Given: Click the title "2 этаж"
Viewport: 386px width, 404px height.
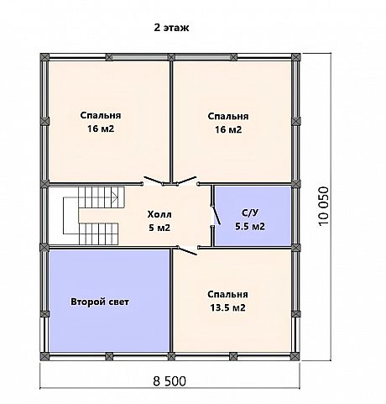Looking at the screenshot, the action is (x=171, y=28).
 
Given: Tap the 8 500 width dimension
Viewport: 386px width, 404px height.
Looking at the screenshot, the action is (x=170, y=381).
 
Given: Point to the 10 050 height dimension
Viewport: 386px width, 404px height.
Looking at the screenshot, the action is (x=324, y=206).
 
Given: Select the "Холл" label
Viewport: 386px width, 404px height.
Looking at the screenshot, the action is (x=159, y=214).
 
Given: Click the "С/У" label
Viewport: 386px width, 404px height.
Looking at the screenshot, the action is (x=250, y=213).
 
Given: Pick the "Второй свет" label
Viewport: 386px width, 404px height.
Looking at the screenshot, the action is (x=100, y=302).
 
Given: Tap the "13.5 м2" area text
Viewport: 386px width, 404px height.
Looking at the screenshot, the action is (x=227, y=307).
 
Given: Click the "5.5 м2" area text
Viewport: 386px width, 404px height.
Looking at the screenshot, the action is (x=250, y=226).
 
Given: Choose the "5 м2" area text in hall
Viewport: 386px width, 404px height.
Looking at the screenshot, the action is (x=159, y=228).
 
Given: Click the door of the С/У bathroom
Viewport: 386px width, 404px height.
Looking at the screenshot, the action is (x=216, y=215).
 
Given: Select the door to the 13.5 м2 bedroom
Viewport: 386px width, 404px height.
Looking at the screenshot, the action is (x=187, y=251).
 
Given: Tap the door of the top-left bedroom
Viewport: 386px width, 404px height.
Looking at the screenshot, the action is (x=153, y=181).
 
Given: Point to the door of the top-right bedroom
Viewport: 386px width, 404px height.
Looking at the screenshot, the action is (x=186, y=181).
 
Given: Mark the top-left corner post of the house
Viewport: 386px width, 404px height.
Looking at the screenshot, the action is (x=44, y=57).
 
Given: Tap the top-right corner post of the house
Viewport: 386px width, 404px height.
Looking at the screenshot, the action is (x=295, y=57).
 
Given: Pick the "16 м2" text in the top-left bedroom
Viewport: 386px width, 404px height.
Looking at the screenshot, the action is (x=101, y=129).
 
